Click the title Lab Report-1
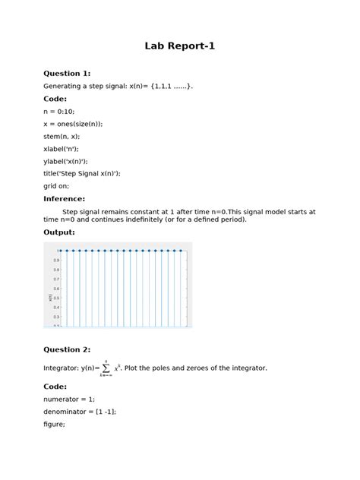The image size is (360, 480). click(180, 46)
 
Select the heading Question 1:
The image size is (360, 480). click(67, 74)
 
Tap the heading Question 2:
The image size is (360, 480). click(67, 349)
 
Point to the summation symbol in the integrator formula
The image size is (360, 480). click(106, 368)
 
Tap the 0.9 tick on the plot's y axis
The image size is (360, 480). click(56, 261)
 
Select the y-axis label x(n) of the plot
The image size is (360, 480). click(49, 298)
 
